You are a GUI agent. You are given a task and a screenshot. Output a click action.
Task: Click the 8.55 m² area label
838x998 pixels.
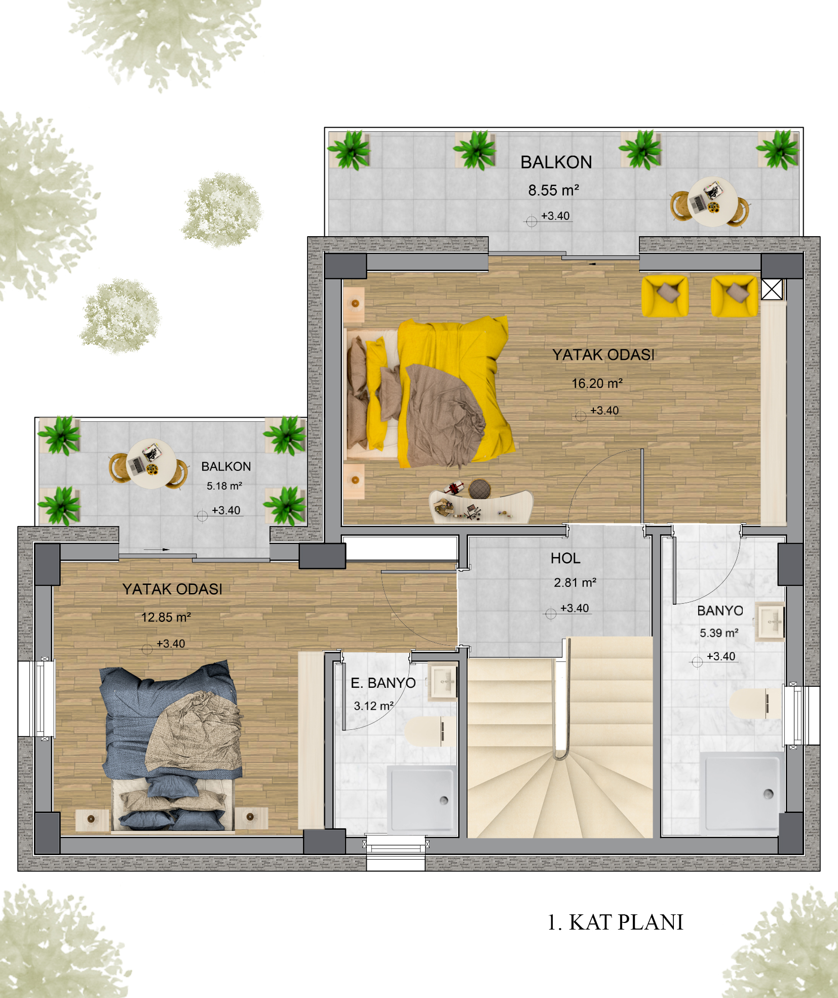tap(553, 190)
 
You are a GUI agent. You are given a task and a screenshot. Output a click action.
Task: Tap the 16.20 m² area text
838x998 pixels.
tap(597, 383)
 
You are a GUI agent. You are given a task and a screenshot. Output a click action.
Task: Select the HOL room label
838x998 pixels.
tap(565, 558)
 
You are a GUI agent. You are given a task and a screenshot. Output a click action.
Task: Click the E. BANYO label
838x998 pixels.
tap(383, 683)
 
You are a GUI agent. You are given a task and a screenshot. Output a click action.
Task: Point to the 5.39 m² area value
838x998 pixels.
tap(719, 633)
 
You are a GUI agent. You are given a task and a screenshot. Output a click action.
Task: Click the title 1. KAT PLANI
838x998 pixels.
tap(616, 922)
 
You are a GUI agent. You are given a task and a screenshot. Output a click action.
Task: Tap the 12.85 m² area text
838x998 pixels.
tap(166, 617)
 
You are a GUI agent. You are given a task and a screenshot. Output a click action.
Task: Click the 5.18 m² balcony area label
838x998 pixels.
tap(224, 486)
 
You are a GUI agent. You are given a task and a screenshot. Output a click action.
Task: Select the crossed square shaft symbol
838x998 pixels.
tap(772, 289)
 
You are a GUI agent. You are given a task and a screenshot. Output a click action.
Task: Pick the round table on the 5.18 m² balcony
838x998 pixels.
tap(151, 463)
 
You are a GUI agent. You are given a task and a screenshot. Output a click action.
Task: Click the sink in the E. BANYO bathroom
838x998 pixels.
tap(443, 682)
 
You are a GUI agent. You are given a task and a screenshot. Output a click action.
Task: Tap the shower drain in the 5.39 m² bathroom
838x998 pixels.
tap(768, 794)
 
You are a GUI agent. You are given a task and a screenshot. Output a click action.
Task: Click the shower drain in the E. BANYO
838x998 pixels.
tap(444, 800)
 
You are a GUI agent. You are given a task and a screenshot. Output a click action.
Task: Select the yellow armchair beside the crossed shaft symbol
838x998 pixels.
tap(734, 296)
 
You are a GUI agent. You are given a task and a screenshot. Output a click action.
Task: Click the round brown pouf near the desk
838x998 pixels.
tap(479, 489)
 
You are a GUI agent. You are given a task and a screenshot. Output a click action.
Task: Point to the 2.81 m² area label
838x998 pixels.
tap(575, 582)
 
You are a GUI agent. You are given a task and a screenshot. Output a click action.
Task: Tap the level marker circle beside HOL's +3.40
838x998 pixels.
tap(551, 614)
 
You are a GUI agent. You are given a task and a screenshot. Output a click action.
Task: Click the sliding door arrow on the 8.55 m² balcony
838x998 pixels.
tap(592, 264)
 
